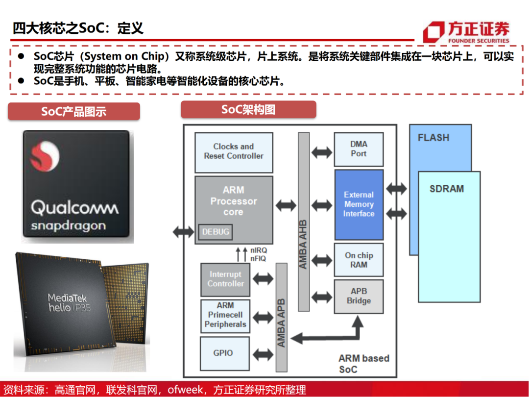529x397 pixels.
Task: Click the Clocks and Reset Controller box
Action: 234,151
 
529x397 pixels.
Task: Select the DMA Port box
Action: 359,149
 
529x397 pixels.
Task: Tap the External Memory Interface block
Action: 359,204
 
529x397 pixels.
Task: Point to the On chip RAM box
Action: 359,260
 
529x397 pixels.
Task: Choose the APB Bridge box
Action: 359,296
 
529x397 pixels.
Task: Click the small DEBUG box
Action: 215,232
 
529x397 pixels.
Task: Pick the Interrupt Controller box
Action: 225,279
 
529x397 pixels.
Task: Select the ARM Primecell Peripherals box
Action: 225,315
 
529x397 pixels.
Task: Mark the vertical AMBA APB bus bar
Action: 282,317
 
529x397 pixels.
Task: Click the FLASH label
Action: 433,138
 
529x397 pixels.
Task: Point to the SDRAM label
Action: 446,189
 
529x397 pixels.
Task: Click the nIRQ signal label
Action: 258,250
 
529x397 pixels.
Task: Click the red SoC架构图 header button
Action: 248,110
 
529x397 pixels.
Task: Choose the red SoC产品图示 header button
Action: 73,112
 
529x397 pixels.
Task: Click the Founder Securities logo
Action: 466,32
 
